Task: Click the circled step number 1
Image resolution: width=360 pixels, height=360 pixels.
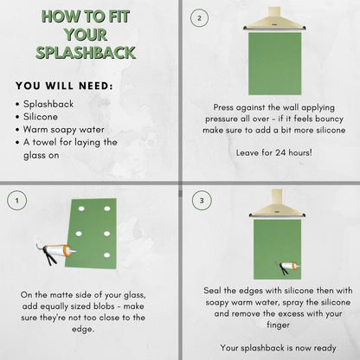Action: pyautogui.click(x=17, y=200)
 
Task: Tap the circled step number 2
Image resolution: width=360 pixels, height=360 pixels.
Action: pyautogui.click(x=199, y=18)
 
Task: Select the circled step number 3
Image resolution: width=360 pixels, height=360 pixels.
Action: pyautogui.click(x=202, y=200)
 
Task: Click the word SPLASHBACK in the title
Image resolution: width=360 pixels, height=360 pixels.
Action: pyautogui.click(x=86, y=53)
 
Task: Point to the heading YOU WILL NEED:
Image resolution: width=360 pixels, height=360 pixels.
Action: pyautogui.click(x=65, y=86)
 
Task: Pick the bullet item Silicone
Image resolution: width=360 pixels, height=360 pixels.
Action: pyautogui.click(x=41, y=117)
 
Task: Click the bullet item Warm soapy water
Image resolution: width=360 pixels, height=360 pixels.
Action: pyautogui.click(x=64, y=130)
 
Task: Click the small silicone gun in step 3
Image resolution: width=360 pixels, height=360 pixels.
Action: pyautogui.click(x=287, y=267)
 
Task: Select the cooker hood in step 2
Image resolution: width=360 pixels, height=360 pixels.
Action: pyautogui.click(x=274, y=19)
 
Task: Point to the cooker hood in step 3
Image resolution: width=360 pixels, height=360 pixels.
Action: pyautogui.click(x=277, y=204)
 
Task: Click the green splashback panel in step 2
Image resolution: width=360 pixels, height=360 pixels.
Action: pyautogui.click(x=275, y=63)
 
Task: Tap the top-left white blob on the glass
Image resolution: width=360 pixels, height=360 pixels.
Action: pyautogui.click(x=81, y=209)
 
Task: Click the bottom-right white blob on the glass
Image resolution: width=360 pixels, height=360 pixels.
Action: pyautogui.click(x=107, y=255)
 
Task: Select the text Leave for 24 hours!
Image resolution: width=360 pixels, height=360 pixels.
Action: pyautogui.click(x=274, y=152)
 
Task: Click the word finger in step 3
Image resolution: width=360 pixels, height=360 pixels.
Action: pyautogui.click(x=278, y=325)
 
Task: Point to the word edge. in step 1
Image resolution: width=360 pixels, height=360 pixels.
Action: pyautogui.click(x=83, y=329)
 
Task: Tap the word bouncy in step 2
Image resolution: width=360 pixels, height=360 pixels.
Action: pyautogui.click(x=329, y=119)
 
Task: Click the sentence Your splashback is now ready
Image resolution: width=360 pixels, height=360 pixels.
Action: pyautogui.click(x=278, y=348)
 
